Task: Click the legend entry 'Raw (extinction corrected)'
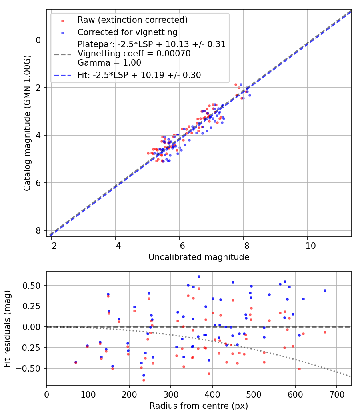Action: (132, 20)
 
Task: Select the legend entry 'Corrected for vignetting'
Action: (127, 32)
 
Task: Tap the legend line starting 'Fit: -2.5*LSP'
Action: (139, 75)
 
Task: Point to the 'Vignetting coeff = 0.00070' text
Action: (134, 53)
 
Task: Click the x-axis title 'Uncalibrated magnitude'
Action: (199, 257)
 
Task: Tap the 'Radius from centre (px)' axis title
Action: (199, 406)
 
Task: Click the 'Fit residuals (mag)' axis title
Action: (7, 329)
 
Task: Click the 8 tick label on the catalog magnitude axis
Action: (38, 231)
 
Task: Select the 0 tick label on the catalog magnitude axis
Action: (38, 40)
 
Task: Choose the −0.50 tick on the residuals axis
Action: (32, 368)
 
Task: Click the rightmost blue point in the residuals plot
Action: (325, 290)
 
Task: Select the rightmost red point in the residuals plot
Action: (325, 332)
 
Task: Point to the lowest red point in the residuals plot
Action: (144, 380)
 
